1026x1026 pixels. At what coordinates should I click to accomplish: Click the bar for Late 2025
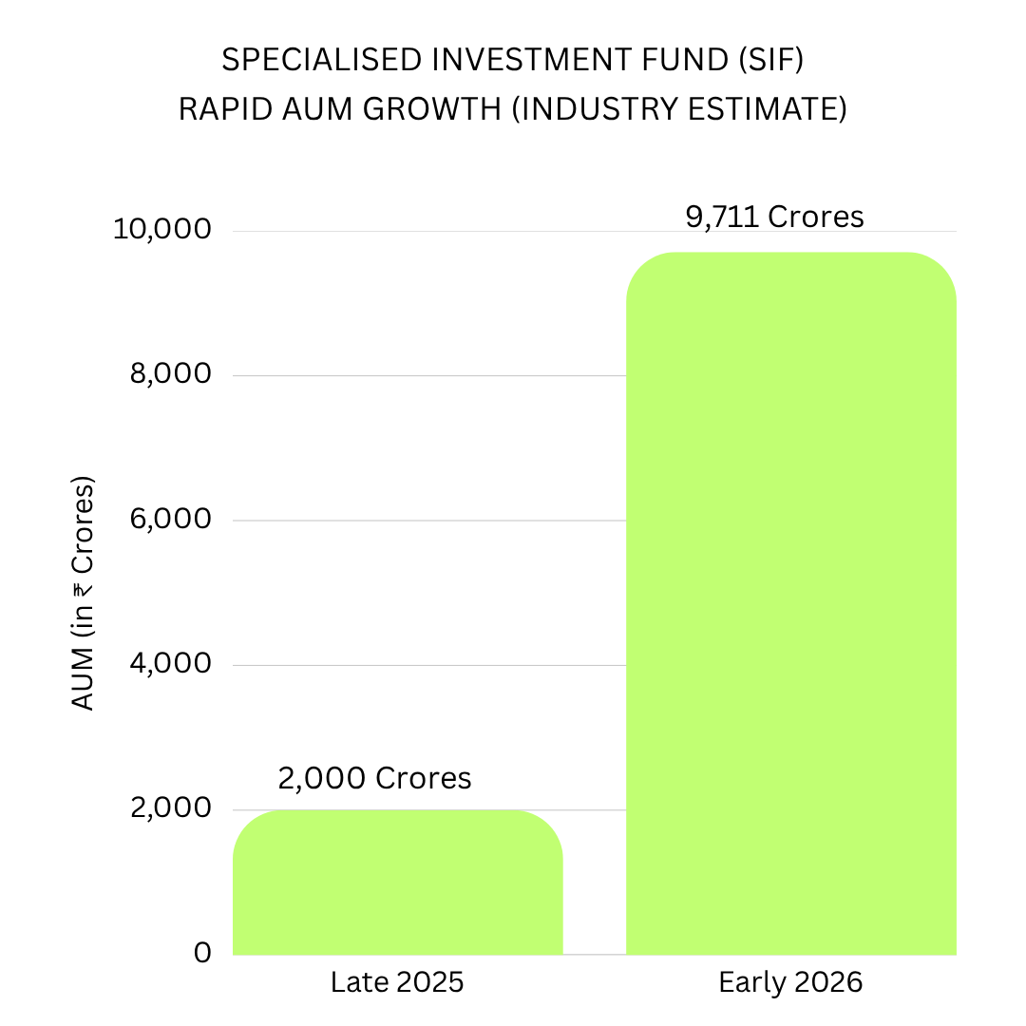point(398,882)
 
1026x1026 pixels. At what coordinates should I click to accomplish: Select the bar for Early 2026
point(791,603)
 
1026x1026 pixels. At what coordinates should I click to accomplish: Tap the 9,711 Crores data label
point(775,217)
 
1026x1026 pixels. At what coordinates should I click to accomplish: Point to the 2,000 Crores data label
point(375,778)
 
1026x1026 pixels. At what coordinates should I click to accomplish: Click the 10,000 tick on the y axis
point(162,229)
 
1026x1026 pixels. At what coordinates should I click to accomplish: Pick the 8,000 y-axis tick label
point(171,373)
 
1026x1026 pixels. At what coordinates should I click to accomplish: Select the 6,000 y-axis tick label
point(171,519)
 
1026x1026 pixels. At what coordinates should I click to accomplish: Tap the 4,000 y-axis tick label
point(171,663)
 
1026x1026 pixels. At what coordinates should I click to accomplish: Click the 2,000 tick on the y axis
point(171,808)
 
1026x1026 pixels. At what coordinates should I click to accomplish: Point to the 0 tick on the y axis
point(203,953)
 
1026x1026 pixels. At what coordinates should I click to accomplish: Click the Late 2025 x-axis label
point(397,982)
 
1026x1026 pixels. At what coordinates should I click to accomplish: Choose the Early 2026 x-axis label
point(790,982)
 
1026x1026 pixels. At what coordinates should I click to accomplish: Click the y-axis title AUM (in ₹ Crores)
point(83,594)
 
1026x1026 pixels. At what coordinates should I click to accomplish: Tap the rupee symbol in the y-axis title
point(83,590)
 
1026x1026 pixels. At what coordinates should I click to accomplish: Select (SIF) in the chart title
point(770,60)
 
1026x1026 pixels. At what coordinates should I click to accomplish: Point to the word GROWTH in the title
point(432,109)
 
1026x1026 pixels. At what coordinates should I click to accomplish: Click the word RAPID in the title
point(225,109)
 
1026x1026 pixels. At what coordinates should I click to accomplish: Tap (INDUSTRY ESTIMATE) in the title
point(679,109)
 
